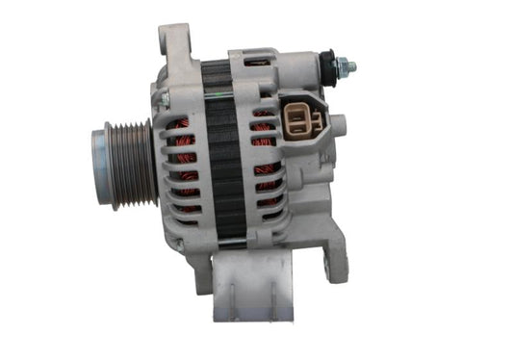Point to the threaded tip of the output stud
(351, 67)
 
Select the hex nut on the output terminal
(339, 66)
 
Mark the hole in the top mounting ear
(176, 40)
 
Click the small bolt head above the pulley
(165, 98)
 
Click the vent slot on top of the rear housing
(255, 63)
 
